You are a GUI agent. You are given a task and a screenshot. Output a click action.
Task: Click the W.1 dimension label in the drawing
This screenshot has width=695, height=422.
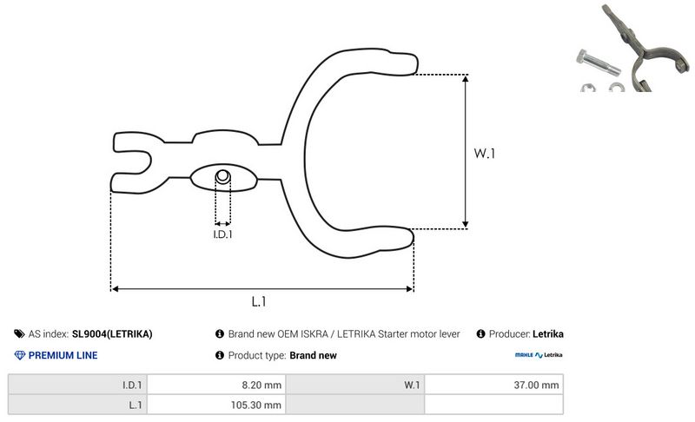pyautogui.click(x=484, y=154)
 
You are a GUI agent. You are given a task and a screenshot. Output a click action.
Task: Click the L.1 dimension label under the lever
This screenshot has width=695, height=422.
pyautogui.click(x=258, y=302)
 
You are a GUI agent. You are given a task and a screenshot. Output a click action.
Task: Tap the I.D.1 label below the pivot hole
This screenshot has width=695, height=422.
pyautogui.click(x=223, y=234)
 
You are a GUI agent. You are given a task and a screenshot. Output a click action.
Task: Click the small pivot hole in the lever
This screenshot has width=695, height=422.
pyautogui.click(x=223, y=177)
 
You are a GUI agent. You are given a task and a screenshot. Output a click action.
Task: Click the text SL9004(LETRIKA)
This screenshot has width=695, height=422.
pyautogui.click(x=113, y=333)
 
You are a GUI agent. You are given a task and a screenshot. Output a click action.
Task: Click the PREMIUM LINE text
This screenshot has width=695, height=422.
pyautogui.click(x=63, y=355)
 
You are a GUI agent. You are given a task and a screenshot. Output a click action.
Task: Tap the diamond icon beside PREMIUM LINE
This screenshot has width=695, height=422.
pyautogui.click(x=20, y=355)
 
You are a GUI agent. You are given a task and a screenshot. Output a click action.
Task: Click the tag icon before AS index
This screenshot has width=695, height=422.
pyautogui.click(x=20, y=333)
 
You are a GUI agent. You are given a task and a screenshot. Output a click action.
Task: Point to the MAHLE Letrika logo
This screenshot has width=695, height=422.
pyautogui.click(x=539, y=355)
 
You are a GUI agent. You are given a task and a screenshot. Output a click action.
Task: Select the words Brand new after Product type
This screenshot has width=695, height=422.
pyautogui.click(x=313, y=355)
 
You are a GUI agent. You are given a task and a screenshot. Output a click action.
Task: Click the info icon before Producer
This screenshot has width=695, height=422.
pyautogui.click(x=480, y=333)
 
